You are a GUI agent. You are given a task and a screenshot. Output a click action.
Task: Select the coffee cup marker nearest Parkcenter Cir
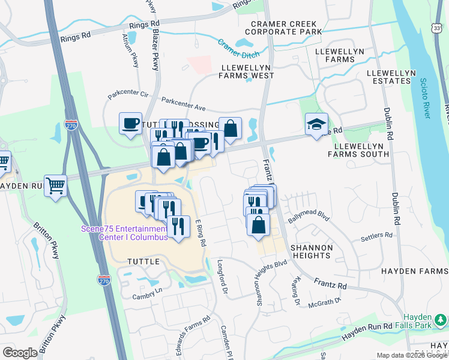tap(130, 124)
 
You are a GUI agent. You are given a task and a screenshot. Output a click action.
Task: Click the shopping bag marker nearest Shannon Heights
tap(258, 225)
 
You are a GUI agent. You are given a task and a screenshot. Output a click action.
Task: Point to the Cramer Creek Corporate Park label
tap(286, 28)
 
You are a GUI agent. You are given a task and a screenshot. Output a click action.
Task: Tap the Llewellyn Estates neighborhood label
tap(391, 77)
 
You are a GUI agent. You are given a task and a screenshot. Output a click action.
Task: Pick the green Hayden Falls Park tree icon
tap(442, 319)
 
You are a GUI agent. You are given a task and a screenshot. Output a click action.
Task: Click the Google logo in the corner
tap(20, 353)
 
